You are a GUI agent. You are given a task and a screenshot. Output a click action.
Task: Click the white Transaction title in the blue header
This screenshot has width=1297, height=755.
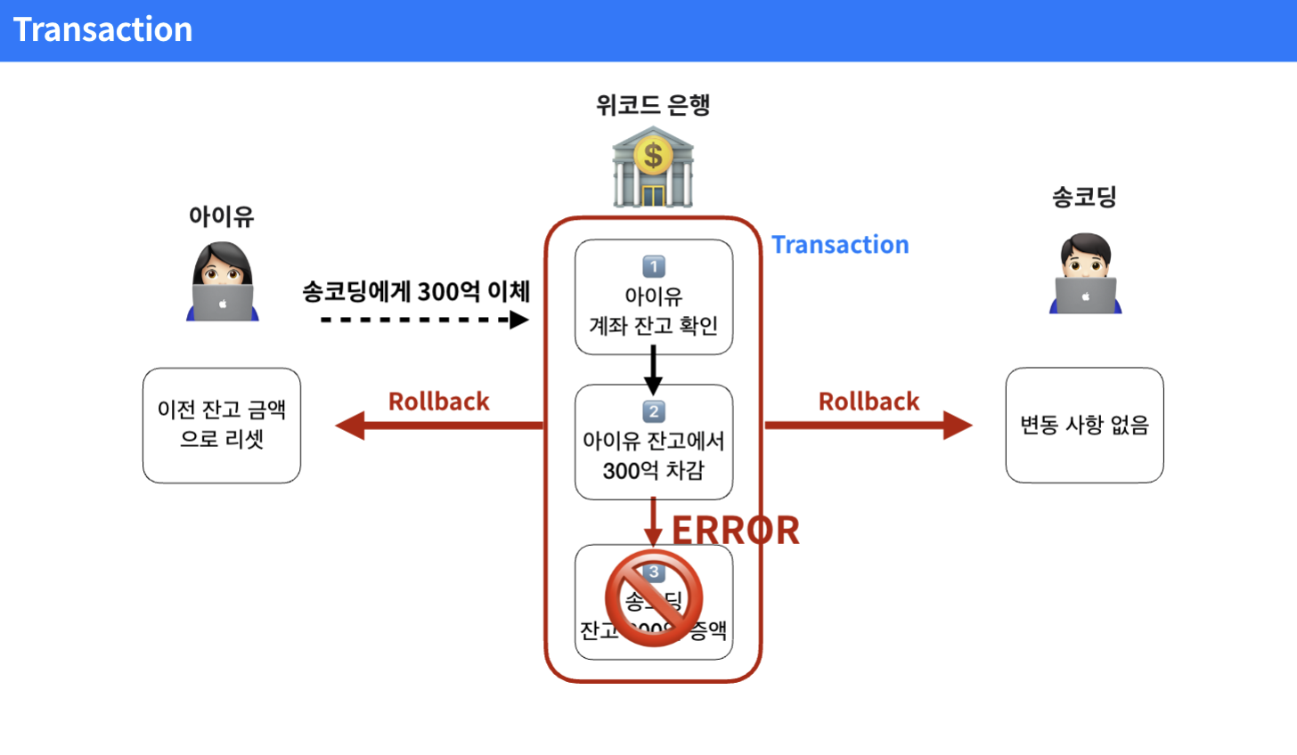click(x=103, y=30)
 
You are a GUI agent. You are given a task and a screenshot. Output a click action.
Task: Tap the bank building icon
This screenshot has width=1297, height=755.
click(x=653, y=167)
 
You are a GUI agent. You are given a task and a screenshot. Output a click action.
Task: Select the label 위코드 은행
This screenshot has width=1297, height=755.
click(x=653, y=105)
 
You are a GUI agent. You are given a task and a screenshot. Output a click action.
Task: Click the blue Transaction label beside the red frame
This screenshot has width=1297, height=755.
click(x=840, y=245)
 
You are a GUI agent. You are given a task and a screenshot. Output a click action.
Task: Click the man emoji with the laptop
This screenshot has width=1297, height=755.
click(x=1085, y=274)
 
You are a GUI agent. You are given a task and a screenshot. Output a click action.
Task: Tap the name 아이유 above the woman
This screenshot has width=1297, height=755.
click(x=222, y=216)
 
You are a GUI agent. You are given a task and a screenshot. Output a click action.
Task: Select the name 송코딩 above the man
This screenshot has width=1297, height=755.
click(x=1084, y=197)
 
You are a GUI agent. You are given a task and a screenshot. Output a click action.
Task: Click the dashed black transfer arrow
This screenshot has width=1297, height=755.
click(x=425, y=320)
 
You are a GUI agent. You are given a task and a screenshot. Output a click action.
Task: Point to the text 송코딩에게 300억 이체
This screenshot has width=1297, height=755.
click(x=416, y=291)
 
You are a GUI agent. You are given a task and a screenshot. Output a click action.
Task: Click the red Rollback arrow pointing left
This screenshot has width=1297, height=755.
click(x=439, y=426)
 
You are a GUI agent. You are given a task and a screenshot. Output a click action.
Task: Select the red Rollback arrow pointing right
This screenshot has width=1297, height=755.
click(x=869, y=426)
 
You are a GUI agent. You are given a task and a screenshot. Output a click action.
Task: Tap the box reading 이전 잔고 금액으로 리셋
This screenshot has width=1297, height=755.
click(x=222, y=426)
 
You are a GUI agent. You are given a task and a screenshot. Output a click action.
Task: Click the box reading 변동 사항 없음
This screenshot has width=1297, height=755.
click(x=1084, y=426)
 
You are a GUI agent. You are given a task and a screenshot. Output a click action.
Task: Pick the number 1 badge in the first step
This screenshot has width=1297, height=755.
click(x=654, y=266)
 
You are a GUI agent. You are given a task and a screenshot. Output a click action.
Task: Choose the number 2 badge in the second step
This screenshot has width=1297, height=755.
click(x=654, y=411)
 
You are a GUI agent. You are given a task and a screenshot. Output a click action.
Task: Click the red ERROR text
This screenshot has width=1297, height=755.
click(x=736, y=531)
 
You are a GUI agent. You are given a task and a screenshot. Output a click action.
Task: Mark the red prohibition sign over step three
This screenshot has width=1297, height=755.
click(x=654, y=597)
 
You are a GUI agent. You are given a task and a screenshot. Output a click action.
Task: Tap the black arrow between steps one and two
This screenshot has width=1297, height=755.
click(x=653, y=370)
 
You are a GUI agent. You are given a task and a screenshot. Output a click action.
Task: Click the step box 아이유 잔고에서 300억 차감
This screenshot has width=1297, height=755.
click(x=654, y=456)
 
